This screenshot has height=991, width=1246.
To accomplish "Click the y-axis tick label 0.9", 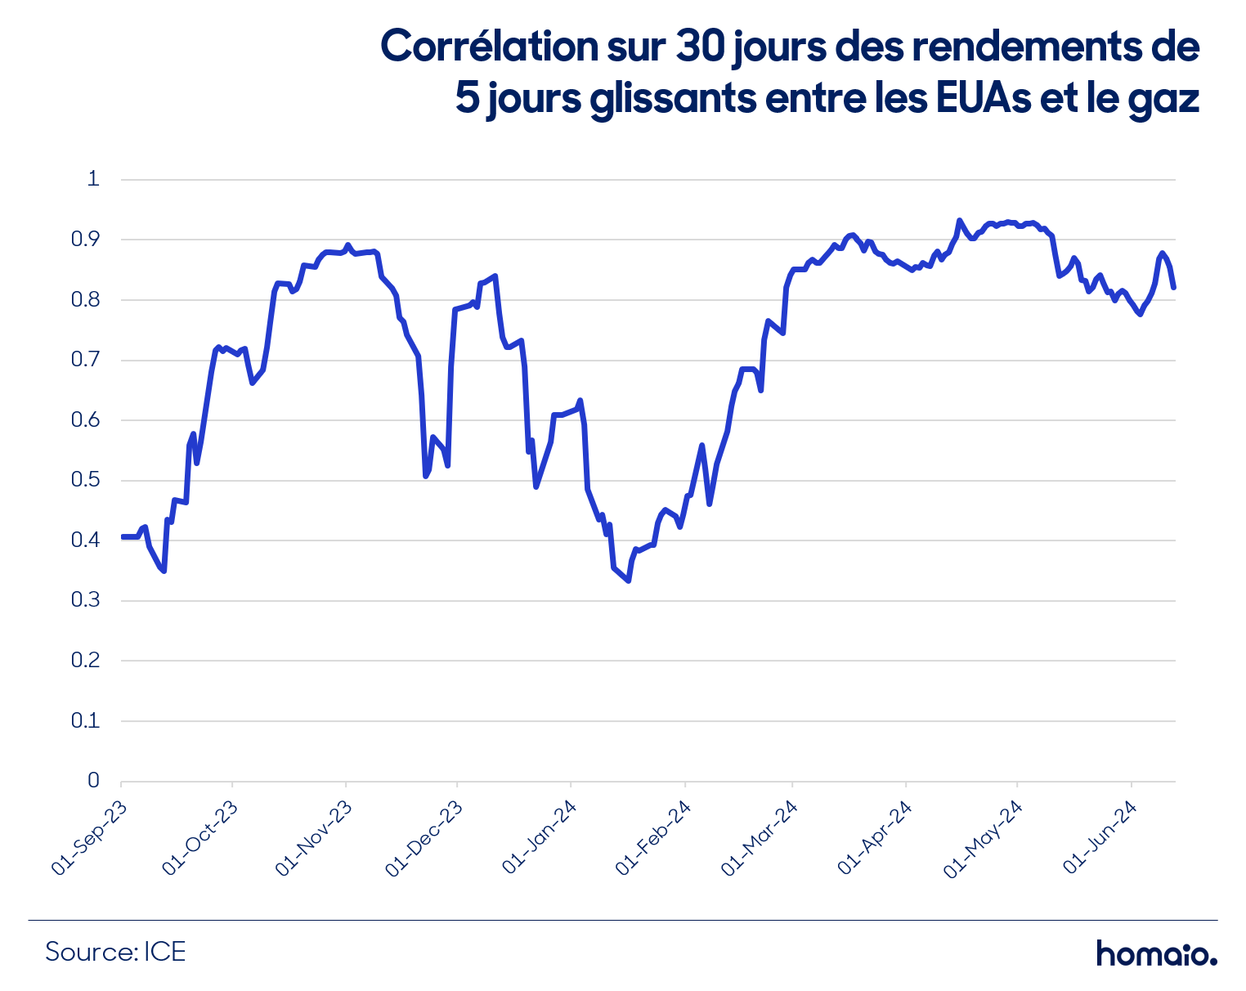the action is pyautogui.click(x=85, y=239).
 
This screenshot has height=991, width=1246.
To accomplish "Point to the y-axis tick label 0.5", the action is pyautogui.click(x=85, y=480).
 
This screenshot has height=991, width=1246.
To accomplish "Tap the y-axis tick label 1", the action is pyautogui.click(x=93, y=178).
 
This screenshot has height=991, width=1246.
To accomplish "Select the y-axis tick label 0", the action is pyautogui.click(x=93, y=780).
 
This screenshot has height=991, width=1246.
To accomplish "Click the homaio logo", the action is pyautogui.click(x=1157, y=953).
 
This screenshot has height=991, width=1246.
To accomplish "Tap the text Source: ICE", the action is pyautogui.click(x=116, y=953).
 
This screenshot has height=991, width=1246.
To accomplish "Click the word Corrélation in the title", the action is pyautogui.click(x=489, y=46).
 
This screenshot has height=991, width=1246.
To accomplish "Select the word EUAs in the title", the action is pyautogui.click(x=983, y=98).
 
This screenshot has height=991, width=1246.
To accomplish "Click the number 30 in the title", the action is pyautogui.click(x=700, y=46).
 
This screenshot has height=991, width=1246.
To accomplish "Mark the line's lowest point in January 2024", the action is pyautogui.click(x=628, y=581).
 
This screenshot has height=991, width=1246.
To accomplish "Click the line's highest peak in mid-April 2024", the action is pyautogui.click(x=959, y=221).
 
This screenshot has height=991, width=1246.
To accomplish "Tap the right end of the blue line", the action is pyautogui.click(x=1173, y=287).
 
